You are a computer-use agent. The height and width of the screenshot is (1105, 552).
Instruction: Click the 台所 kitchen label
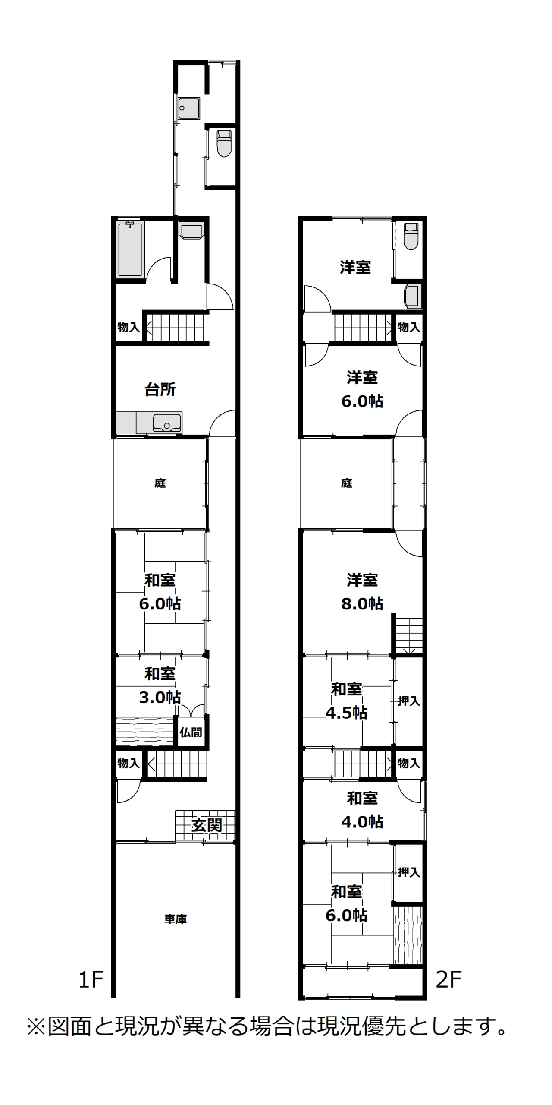[160, 389]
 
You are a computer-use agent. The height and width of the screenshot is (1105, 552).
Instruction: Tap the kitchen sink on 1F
[167, 423]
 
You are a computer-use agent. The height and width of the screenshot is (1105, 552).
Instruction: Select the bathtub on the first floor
[130, 249]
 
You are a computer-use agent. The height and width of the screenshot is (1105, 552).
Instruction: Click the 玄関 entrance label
[207, 825]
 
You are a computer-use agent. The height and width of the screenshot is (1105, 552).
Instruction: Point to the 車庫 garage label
[176, 919]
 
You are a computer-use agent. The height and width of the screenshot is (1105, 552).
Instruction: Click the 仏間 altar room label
[191, 732]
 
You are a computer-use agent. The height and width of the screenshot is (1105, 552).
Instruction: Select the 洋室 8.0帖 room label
[362, 592]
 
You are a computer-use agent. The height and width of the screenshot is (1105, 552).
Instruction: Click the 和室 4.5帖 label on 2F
[346, 701]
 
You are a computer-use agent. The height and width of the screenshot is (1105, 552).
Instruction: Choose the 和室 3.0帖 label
[160, 685]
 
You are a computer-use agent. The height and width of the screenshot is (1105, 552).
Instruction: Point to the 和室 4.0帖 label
[362, 810]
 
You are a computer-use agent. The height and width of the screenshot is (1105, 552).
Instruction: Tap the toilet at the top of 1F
[224, 143]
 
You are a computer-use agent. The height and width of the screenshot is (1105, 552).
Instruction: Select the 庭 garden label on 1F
[160, 483]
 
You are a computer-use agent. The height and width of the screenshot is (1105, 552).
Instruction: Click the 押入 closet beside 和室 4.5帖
[409, 701]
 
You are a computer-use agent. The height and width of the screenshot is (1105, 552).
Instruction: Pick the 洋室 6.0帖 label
[362, 389]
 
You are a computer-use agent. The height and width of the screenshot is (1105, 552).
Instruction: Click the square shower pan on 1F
[189, 108]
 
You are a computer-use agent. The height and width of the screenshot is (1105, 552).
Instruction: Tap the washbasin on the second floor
[412, 296]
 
